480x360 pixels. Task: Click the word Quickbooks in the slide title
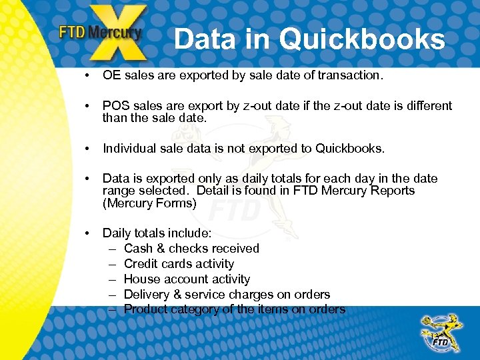tap(362, 39)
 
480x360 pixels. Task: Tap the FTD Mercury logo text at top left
tap(100, 33)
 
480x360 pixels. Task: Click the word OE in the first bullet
tap(111, 75)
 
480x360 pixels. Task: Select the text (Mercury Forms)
tap(149, 203)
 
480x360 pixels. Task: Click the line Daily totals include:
tap(157, 233)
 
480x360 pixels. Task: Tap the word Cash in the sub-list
tap(138, 249)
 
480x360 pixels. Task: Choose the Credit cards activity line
tap(179, 264)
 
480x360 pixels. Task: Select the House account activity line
tap(187, 279)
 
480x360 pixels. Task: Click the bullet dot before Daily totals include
tap(87, 233)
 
